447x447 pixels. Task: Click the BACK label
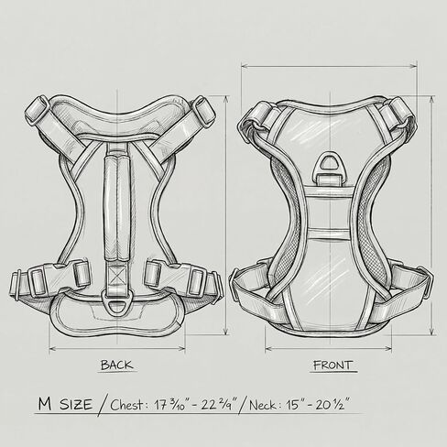pyautogui.click(x=117, y=365)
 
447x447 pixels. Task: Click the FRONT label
pyautogui.click(x=333, y=365)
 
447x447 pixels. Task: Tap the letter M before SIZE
pyautogui.click(x=45, y=404)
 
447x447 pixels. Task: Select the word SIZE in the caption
pyautogui.click(x=76, y=405)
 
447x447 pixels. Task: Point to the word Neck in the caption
pyautogui.click(x=263, y=405)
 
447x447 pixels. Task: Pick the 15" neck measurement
pyautogui.click(x=296, y=405)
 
